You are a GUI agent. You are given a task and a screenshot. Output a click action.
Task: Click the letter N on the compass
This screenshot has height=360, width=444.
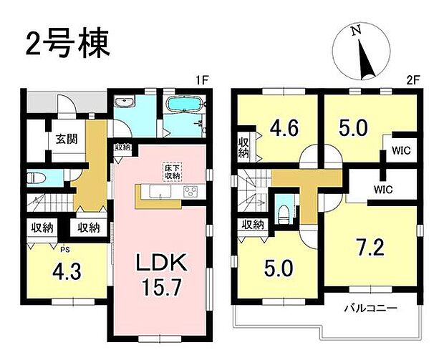[x=355, y=31]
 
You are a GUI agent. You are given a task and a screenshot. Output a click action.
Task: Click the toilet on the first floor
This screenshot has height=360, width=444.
[x=35, y=177]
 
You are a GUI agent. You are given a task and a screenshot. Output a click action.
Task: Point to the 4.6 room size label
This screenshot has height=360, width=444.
[x=285, y=129]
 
